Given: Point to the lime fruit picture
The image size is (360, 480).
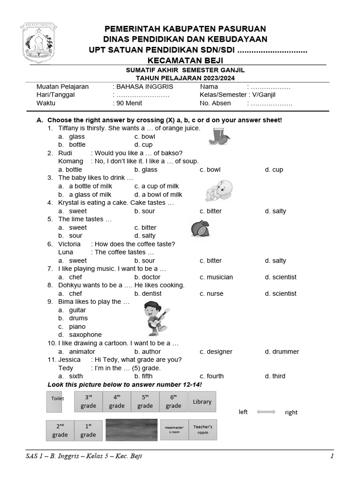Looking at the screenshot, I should pos(200,229).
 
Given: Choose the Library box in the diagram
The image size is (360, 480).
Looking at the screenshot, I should pos(202,402).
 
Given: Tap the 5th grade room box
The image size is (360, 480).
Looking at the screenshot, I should pos(145,402).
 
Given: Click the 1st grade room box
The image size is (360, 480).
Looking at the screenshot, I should pos(88,430).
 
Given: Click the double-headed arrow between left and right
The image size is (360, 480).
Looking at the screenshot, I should pos(266,412).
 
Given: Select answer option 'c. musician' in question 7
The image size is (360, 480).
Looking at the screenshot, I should pos(216,277).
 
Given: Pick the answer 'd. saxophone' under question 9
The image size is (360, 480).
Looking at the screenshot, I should pos(80,335).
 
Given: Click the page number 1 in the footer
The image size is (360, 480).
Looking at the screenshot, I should pos(331,456).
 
